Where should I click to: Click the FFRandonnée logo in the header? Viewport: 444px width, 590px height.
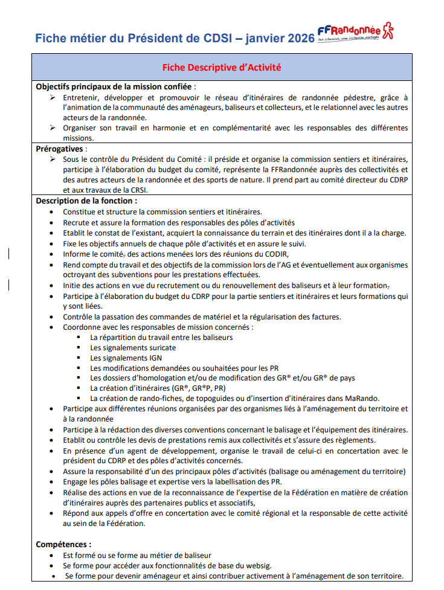coord(356,31)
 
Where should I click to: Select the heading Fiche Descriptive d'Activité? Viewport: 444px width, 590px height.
coord(222,67)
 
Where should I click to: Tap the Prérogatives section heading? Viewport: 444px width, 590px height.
coord(60,148)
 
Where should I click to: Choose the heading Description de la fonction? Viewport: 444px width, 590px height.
coord(86,200)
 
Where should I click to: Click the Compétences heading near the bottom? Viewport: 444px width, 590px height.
coord(63,544)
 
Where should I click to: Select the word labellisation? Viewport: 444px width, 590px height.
coord(238,482)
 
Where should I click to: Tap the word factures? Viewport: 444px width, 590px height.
coord(326,316)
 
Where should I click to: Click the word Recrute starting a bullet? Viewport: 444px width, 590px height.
coord(78,222)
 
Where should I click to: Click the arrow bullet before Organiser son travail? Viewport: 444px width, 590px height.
coord(52,128)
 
